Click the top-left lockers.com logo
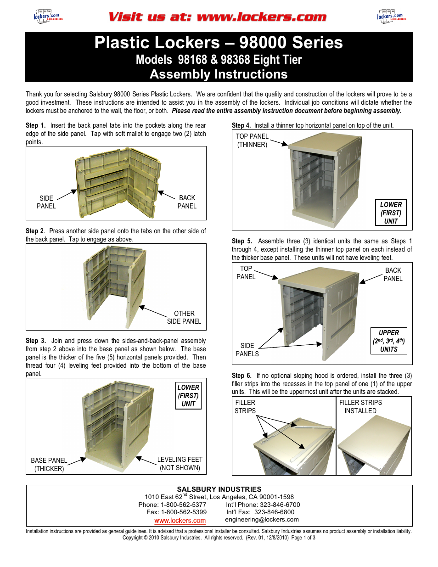click(47, 17)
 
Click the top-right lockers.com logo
click(391, 17)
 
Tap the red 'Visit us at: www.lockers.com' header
click(217, 17)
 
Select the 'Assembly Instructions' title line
click(219, 74)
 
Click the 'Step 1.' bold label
click(35, 125)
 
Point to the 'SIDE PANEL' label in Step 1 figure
click(46, 202)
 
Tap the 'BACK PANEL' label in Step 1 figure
click(187, 202)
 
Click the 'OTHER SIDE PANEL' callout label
click(184, 317)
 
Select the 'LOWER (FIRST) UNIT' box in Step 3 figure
click(188, 395)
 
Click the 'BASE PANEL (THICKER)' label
click(49, 464)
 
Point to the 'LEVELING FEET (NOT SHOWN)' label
click(180, 463)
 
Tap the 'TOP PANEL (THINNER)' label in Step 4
click(252, 140)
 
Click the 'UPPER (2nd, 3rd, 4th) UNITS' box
click(389, 341)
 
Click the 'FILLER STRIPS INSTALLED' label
click(360, 406)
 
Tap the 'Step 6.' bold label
click(241, 376)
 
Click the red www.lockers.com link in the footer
click(180, 520)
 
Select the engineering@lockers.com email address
click(262, 519)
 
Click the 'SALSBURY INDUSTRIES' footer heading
click(219, 489)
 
